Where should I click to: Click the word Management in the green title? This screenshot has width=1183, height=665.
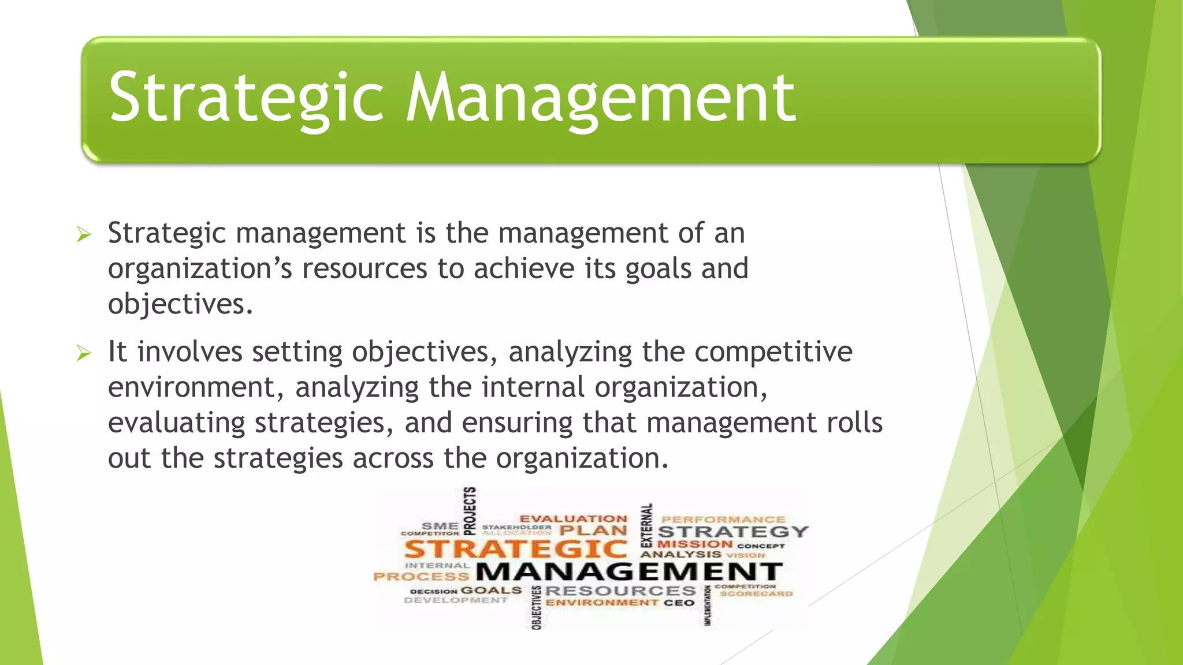click(x=601, y=98)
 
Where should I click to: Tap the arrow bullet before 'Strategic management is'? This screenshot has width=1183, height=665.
click(x=84, y=234)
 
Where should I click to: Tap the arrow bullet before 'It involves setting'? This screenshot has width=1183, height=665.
click(x=84, y=353)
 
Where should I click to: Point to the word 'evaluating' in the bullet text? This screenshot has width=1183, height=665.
click(x=177, y=423)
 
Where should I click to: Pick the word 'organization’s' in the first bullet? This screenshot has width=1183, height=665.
click(x=200, y=269)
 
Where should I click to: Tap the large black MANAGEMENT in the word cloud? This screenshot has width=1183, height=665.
click(x=629, y=572)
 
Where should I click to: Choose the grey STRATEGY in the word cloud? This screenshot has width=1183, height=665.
click(x=732, y=532)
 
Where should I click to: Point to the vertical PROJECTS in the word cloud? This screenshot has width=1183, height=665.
click(x=471, y=510)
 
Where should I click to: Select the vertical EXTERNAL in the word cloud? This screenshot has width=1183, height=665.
click(x=646, y=525)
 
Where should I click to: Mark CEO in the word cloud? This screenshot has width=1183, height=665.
click(x=679, y=603)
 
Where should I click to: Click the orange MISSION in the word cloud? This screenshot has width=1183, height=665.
click(x=695, y=544)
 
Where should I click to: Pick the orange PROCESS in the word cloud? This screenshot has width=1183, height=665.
click(x=421, y=576)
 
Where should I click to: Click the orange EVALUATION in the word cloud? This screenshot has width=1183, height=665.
click(x=573, y=519)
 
